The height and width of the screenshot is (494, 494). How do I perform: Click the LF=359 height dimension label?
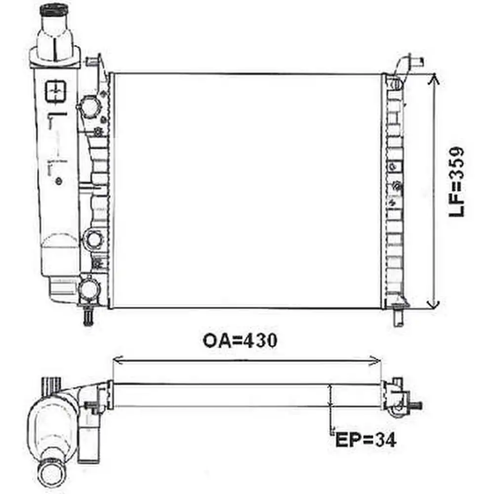tap(457, 182)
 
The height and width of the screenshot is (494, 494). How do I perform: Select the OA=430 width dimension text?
tap(240, 340)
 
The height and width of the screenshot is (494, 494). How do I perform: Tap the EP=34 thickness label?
tap(366, 439)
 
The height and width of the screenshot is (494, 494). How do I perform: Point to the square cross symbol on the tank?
tap(55, 92)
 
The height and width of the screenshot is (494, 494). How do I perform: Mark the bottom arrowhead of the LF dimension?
tap(433, 304)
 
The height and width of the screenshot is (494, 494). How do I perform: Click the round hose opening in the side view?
tap(51, 473)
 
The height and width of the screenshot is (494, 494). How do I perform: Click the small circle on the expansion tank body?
tap(60, 181)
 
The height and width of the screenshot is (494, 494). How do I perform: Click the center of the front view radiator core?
tap(246, 191)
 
